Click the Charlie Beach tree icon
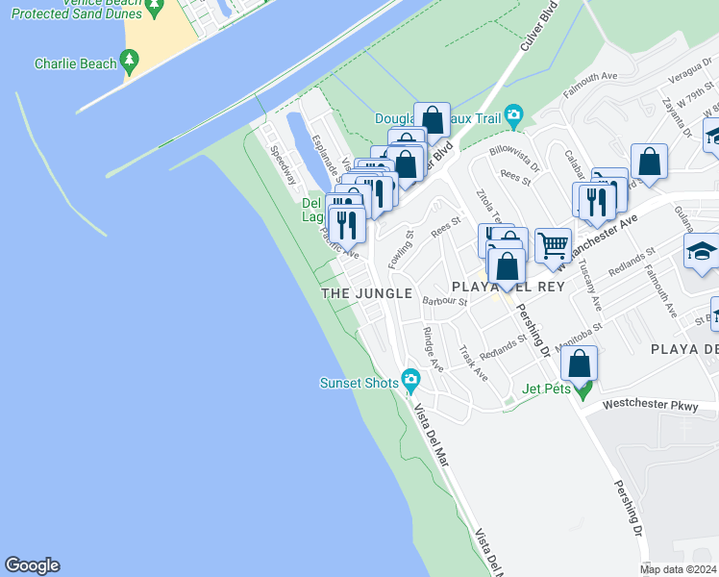coord(130,63)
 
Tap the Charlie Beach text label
coord(75,64)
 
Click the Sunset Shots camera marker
coord(411,382)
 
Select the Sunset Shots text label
coord(359,383)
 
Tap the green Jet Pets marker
coord(583,389)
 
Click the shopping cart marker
coord(552,246)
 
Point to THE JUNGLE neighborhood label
coord(366,293)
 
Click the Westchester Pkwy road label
coord(660,407)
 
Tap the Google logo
coord(32,565)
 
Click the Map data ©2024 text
coord(678,569)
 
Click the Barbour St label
coord(444,302)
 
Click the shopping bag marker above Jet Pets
coord(579,364)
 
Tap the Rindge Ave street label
coord(433,350)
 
